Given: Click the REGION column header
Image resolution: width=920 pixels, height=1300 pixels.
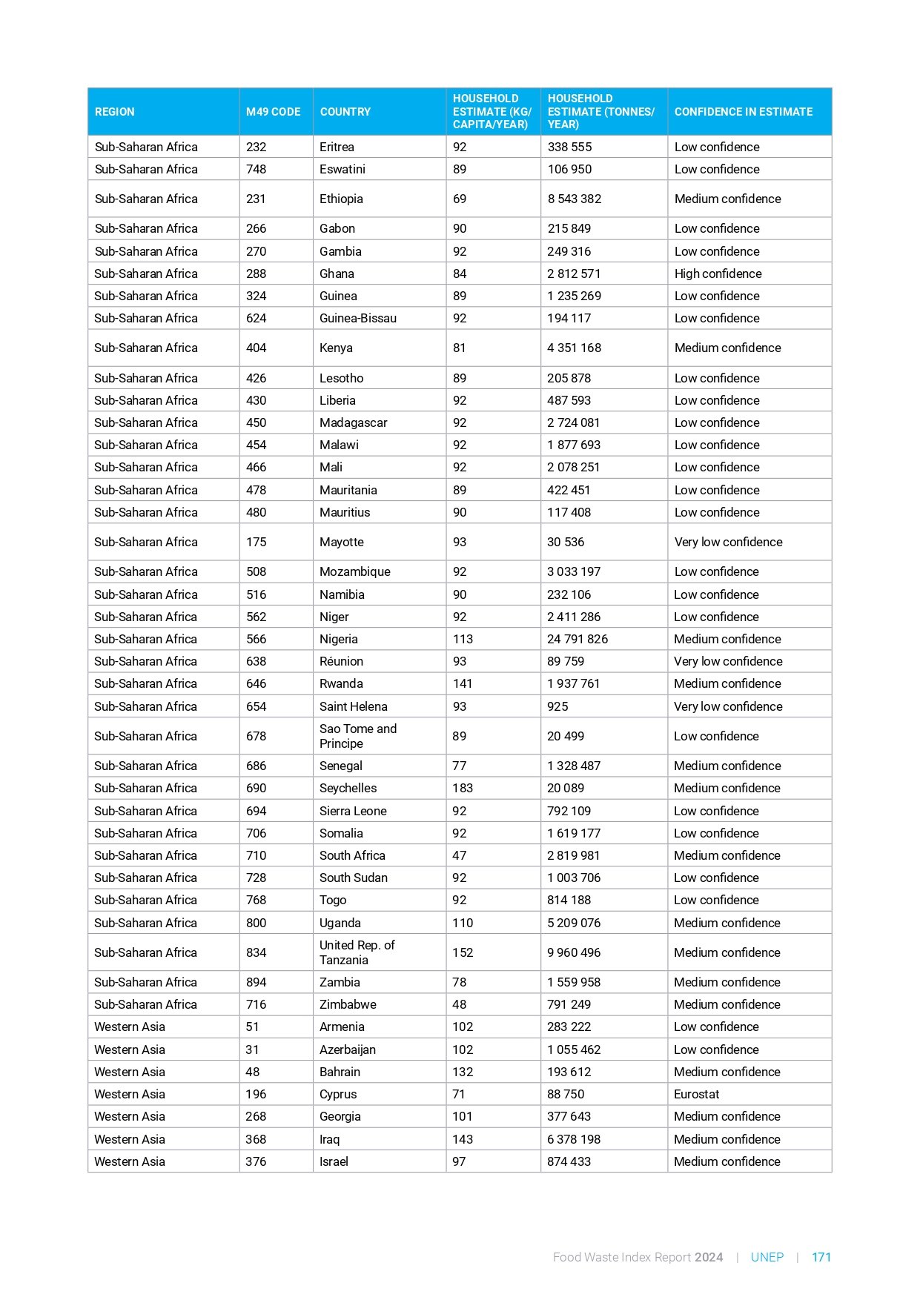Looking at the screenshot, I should coord(115,112).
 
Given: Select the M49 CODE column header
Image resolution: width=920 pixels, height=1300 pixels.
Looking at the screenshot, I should coord(273,112).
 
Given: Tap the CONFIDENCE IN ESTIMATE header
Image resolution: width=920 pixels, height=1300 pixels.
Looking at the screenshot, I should coord(743,112).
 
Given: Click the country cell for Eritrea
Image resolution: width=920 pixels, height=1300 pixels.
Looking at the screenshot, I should coord(337,147).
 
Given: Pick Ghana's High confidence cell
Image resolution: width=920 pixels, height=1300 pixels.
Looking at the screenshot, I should coord(718,273).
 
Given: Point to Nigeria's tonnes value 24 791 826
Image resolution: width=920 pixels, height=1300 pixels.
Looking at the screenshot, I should coord(577,639).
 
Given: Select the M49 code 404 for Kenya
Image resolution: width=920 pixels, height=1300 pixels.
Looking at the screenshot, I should coord(256,348).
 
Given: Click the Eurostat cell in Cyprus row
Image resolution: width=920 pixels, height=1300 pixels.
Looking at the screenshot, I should coord(696,1094).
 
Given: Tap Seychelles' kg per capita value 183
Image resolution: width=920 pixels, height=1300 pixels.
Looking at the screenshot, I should coord(463,788).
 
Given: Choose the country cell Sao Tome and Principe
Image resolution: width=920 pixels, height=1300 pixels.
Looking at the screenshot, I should coord(357,736).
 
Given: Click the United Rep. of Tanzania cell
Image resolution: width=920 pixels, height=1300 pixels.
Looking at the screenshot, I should coord(357,952).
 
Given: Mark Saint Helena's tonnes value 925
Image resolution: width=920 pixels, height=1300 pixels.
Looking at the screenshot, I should coord(557,706).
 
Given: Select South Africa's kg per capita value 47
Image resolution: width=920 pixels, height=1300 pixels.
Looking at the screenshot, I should coord(460,855).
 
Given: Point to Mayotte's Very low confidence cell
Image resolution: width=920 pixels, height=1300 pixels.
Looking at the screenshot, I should coord(728,542).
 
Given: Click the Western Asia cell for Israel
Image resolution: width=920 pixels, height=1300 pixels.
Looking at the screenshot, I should coord(130,1161).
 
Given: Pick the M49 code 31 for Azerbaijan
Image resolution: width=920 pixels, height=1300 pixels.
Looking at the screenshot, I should coord(253,1049).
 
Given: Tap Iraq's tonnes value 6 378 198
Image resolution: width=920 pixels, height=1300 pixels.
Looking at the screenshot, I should coord(573,1139).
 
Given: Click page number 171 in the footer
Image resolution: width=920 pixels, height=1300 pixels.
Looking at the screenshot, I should coord(821,1257).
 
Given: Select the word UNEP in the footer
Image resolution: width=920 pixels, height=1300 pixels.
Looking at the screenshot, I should coord(767,1257).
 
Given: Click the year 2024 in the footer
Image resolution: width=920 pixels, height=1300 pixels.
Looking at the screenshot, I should coord(709,1257).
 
